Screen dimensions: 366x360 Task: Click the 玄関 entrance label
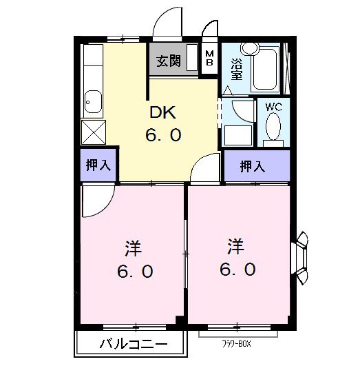point(168,61)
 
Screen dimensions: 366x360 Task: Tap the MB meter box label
point(210,57)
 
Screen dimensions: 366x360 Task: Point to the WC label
point(273,107)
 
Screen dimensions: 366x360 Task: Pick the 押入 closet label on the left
point(97,165)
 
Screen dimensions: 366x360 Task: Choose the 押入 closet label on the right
point(252,166)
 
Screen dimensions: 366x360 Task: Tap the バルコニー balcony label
point(131,343)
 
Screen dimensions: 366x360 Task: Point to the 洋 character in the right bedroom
point(237,245)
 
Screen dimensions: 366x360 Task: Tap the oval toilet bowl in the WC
point(274,128)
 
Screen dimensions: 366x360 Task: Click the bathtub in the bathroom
point(264,69)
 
